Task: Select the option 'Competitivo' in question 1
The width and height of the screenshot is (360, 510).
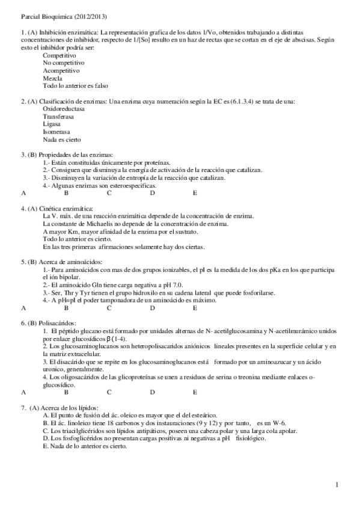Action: [x=59, y=55]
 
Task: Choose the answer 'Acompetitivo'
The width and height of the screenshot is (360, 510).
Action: [x=61, y=70]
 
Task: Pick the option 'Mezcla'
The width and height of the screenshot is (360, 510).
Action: [x=52, y=78]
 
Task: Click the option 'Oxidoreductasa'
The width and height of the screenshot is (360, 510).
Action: [x=64, y=109]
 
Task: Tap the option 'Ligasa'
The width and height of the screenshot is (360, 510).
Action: [x=52, y=124]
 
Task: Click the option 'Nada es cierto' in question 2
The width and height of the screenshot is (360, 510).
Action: [x=63, y=139]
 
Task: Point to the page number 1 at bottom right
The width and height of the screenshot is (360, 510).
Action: [x=337, y=484]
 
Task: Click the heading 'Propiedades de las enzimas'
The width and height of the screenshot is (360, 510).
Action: [x=76, y=155]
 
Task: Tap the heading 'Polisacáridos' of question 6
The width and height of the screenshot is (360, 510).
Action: [x=61, y=323]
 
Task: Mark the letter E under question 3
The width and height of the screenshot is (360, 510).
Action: [x=195, y=193]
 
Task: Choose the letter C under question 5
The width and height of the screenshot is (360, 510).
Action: [x=109, y=307]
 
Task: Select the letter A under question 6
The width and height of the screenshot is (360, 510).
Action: [x=23, y=391]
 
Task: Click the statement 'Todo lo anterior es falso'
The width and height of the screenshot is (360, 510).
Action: [x=75, y=85]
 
